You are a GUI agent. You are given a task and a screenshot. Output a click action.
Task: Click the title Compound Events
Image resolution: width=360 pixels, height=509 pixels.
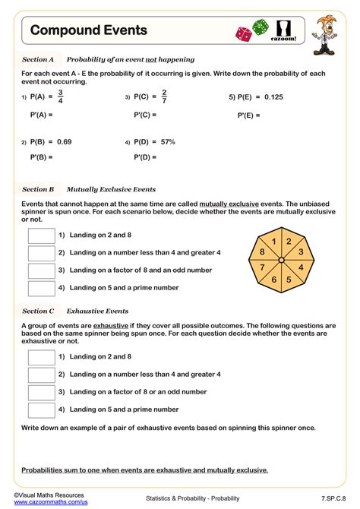pos(89,30)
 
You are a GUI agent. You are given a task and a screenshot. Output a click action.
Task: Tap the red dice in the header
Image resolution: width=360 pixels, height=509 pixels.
pos(245,33)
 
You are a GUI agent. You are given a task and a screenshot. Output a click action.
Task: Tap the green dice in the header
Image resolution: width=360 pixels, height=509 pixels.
pos(260,27)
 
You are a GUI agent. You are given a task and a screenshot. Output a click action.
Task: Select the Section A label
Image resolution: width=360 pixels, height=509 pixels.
pos(38,58)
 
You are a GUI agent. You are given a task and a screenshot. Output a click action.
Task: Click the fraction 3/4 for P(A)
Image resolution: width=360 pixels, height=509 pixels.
pos(60,97)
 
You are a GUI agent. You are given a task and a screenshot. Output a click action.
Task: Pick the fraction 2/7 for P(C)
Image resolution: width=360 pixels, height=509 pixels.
pos(164,97)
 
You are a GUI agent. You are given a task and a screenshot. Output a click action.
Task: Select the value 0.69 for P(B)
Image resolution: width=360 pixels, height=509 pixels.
pos(64,141)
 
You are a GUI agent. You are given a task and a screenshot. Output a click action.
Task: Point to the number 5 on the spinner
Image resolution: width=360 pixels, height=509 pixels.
pos(289,279)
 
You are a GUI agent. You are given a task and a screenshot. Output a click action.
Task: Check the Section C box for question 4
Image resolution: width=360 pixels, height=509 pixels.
pos(41,409)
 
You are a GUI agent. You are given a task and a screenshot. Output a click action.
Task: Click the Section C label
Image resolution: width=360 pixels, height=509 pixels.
pos(38,311)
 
